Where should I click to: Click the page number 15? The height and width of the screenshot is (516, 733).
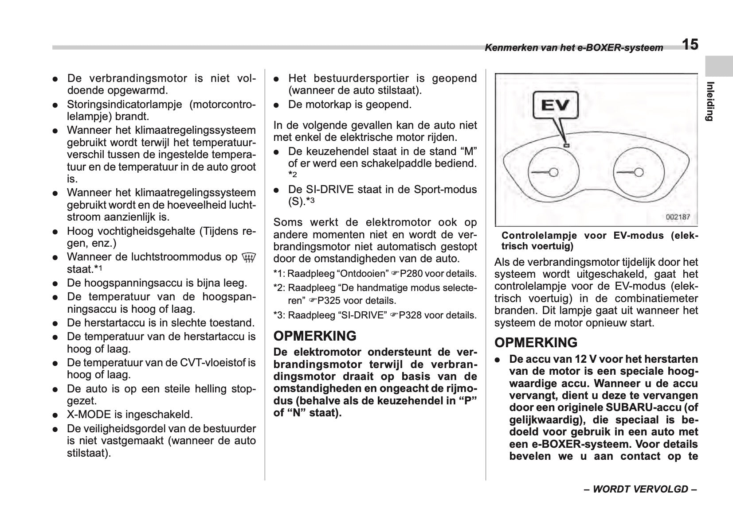click(x=690, y=45)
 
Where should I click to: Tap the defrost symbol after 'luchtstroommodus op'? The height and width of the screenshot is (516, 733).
click(x=249, y=257)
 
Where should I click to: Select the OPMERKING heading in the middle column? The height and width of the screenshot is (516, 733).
click(x=315, y=336)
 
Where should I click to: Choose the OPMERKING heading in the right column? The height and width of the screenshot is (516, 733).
click(x=536, y=343)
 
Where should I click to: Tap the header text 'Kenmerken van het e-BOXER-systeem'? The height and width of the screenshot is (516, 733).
click(x=574, y=48)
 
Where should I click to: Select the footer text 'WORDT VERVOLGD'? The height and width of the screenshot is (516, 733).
click(x=640, y=489)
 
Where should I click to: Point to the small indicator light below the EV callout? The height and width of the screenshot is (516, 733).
click(x=566, y=145)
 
